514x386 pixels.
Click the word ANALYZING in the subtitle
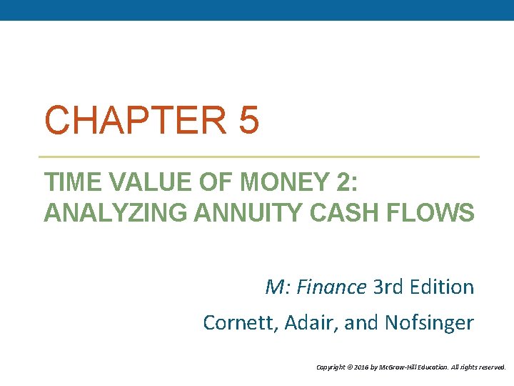[100, 213]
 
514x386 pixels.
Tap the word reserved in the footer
[492, 367]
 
